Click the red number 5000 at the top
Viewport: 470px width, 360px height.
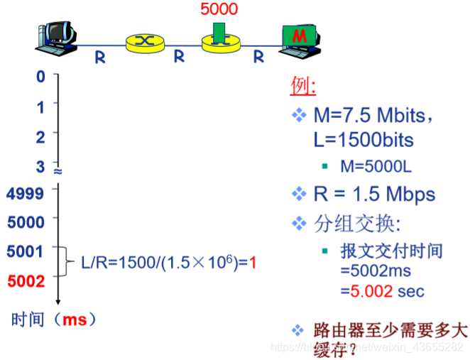[x=219, y=10]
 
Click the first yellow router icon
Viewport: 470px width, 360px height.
[x=144, y=41]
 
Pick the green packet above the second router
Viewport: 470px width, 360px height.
[x=220, y=31]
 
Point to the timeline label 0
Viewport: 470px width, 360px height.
[x=40, y=75]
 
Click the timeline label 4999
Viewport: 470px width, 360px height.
[x=25, y=192]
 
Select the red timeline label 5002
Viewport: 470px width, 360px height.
[x=25, y=280]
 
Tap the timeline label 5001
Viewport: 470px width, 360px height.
[x=25, y=251]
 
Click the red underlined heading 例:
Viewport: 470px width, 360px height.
[x=303, y=86]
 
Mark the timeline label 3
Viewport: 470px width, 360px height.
[x=40, y=166]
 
